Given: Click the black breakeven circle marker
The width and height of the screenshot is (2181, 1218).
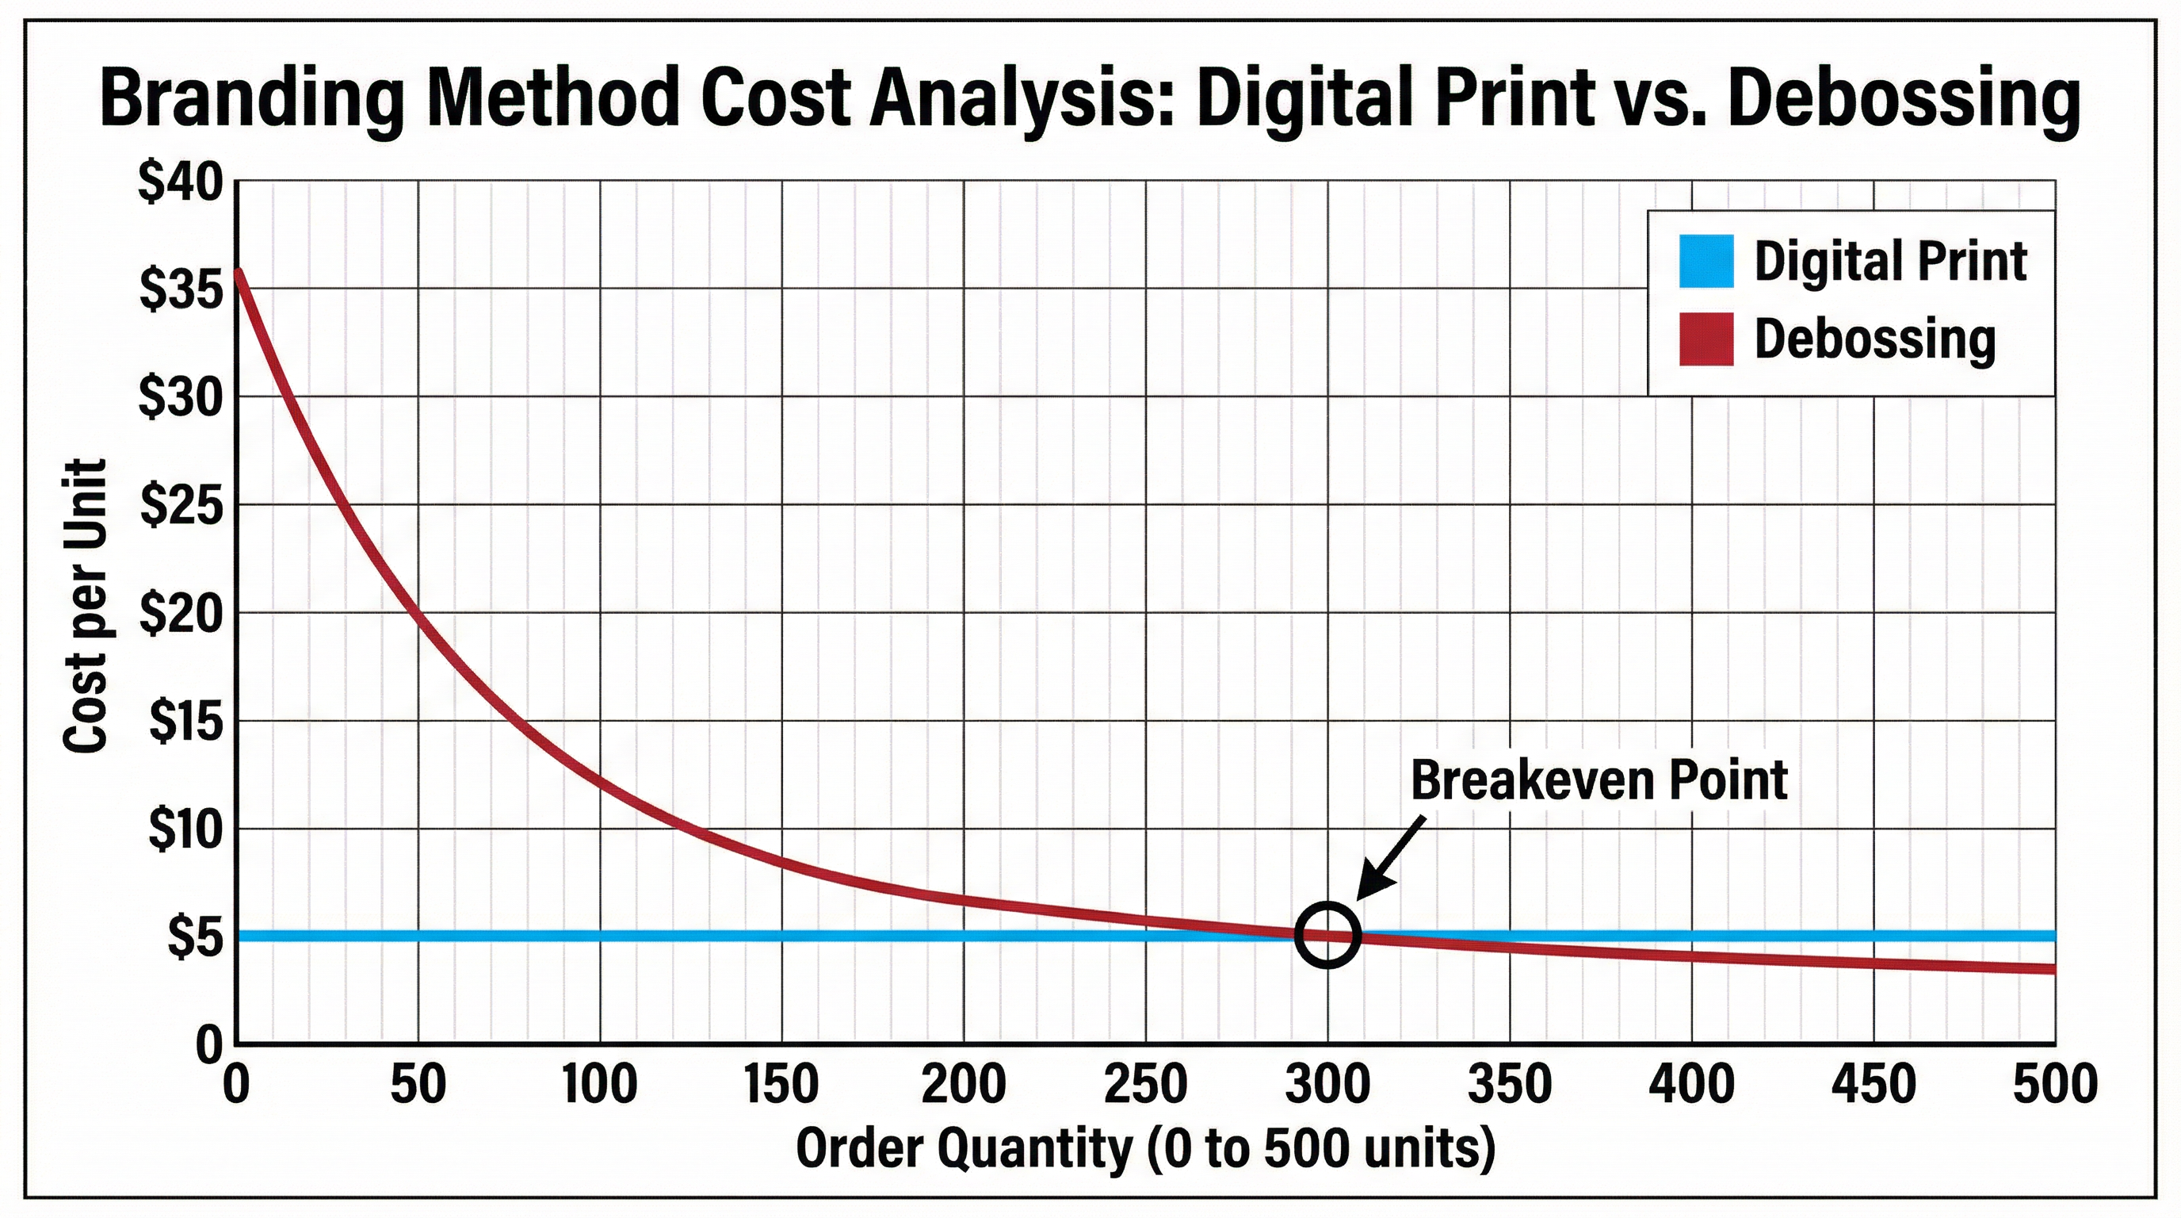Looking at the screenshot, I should [1327, 935].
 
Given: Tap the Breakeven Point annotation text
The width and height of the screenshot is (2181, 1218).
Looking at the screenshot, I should [1599, 780].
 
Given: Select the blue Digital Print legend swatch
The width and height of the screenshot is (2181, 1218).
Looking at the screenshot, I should [1706, 261].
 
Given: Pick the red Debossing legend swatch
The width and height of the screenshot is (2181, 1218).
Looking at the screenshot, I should [1706, 339].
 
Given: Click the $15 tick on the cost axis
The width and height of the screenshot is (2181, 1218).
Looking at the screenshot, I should [186, 722].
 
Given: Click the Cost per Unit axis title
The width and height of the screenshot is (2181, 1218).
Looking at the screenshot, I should [86, 605].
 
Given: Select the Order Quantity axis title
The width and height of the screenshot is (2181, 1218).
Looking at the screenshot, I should [1145, 1149].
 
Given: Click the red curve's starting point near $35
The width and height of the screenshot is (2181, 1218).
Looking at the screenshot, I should [239, 273].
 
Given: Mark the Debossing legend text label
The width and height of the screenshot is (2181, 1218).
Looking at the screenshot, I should [1874, 339].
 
